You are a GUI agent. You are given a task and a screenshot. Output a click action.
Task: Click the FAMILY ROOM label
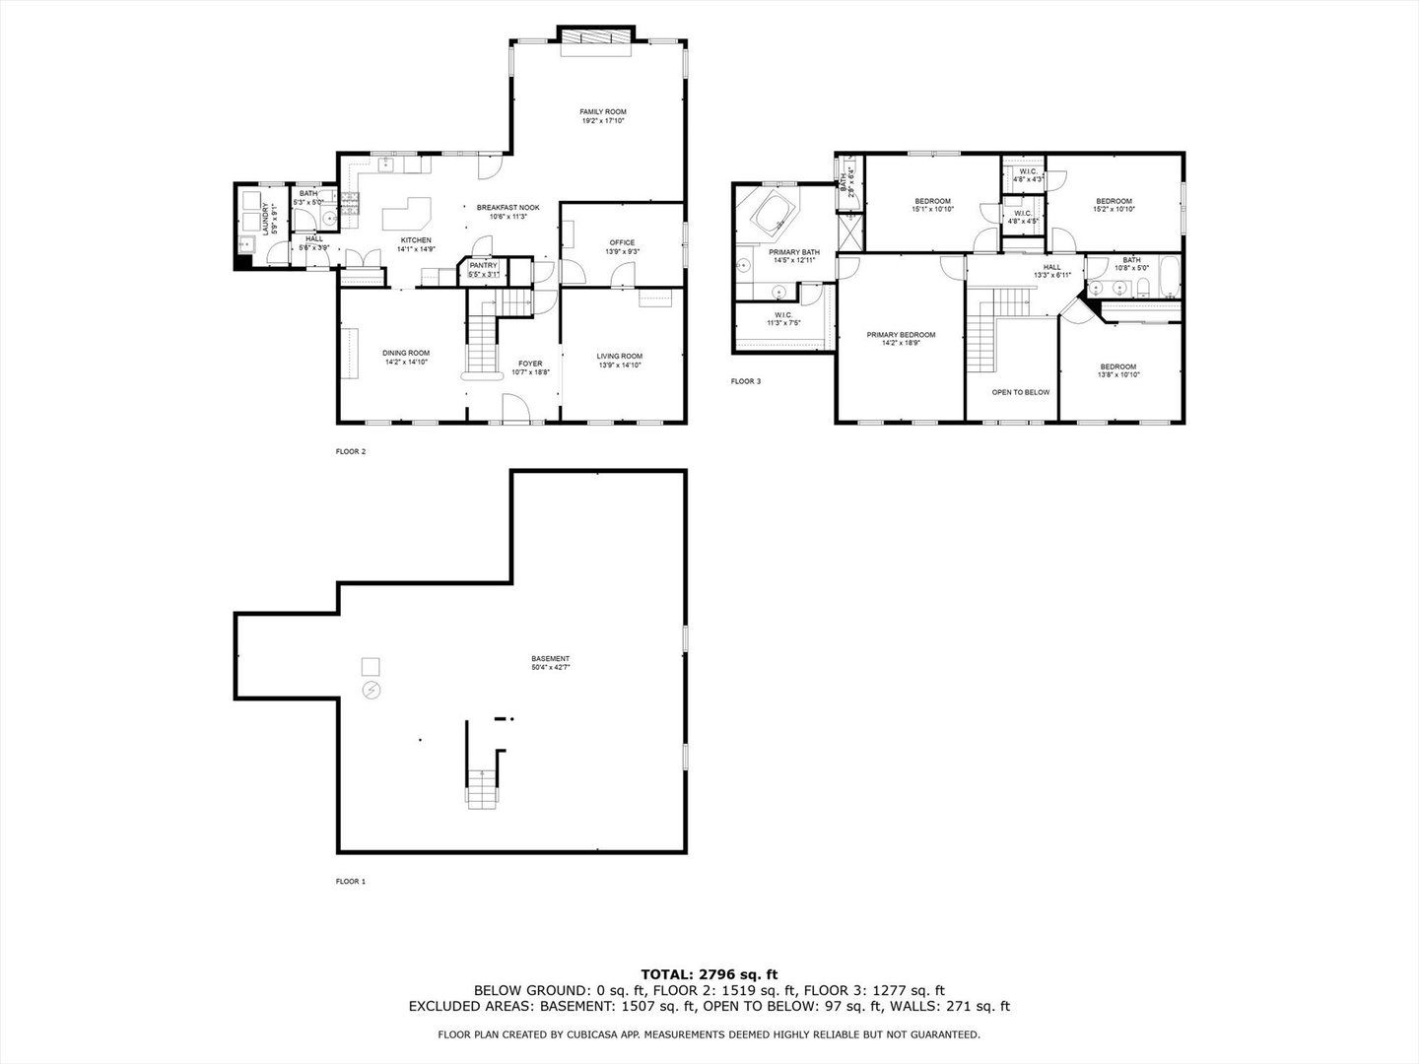pyautogui.click(x=602, y=111)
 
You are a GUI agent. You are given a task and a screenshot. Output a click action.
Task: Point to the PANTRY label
pyautogui.click(x=483, y=265)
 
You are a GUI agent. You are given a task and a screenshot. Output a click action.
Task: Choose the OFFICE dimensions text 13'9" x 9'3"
pyautogui.click(x=622, y=252)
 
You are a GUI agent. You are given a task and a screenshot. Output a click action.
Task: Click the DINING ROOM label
pyautogui.click(x=406, y=353)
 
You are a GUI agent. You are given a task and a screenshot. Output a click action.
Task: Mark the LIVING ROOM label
pyautogui.click(x=620, y=356)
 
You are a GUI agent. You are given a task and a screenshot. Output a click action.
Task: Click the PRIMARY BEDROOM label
pyautogui.click(x=901, y=335)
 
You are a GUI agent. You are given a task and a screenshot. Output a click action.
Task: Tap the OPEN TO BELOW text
pyautogui.click(x=1020, y=392)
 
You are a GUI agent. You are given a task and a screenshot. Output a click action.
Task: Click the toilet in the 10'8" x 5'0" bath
pyautogui.click(x=1142, y=288)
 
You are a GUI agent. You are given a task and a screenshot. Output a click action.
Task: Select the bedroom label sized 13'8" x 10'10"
pyautogui.click(x=1117, y=366)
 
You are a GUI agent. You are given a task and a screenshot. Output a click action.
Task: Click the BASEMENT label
pyautogui.click(x=550, y=658)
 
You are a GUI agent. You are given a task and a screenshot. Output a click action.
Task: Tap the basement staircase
pyautogui.click(x=480, y=788)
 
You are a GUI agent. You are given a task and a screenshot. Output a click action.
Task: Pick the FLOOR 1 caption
pyautogui.click(x=350, y=882)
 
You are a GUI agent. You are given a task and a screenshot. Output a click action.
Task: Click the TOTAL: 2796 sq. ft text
pyautogui.click(x=709, y=973)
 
